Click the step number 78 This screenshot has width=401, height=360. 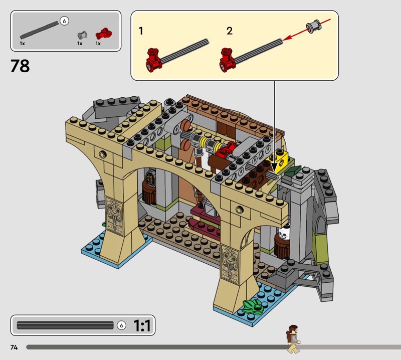pyautogui.click(x=20, y=66)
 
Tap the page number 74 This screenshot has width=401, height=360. pyautogui.click(x=14, y=347)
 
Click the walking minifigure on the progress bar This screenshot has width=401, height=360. pyautogui.click(x=293, y=339)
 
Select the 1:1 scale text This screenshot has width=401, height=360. pyautogui.click(x=142, y=325)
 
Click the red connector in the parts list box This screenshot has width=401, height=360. pyautogui.click(x=104, y=34)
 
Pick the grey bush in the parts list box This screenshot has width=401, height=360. pyautogui.click(x=82, y=35)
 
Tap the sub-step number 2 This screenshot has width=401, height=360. pyautogui.click(x=230, y=31)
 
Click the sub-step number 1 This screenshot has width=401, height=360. pyautogui.click(x=141, y=31)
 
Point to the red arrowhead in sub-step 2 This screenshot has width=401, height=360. pyautogui.click(x=287, y=38)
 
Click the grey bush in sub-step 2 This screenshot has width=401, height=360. pyautogui.click(x=314, y=27)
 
